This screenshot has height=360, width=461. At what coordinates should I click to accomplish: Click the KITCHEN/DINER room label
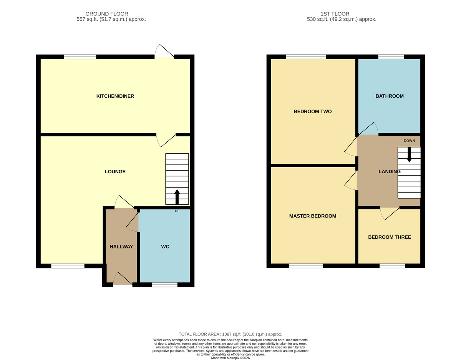pyautogui.click(x=115, y=96)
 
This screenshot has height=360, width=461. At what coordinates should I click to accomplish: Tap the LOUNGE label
pyautogui.click(x=115, y=172)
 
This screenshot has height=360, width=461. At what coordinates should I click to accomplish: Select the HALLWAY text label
pyautogui.click(x=121, y=247)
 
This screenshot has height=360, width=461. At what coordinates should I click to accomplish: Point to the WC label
pyautogui.click(x=165, y=247)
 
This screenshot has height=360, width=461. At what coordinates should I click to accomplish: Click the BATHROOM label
pyautogui.click(x=390, y=96)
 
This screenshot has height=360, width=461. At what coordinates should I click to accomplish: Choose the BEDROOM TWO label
pyautogui.click(x=313, y=111)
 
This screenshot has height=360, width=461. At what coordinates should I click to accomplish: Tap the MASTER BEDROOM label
pyautogui.click(x=313, y=216)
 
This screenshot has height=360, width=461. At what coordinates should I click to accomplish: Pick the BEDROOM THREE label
pyautogui.click(x=390, y=237)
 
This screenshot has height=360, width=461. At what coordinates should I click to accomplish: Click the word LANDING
pyautogui.click(x=390, y=172)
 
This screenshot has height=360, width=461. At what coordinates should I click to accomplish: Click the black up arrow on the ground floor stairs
pyautogui.click(x=177, y=197)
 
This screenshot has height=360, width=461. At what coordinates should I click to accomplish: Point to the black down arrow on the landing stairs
pyautogui.click(x=409, y=155)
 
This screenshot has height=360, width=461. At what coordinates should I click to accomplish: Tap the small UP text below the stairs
pyautogui.click(x=177, y=211)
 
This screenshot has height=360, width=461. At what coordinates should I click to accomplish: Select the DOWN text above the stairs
pyautogui.click(x=409, y=141)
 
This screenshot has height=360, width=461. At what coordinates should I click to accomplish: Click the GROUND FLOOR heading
pyautogui.click(x=107, y=14)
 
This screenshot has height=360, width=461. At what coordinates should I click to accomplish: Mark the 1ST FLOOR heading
pyautogui.click(x=335, y=14)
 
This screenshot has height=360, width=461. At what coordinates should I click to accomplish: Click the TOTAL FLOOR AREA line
pyautogui.click(x=230, y=334)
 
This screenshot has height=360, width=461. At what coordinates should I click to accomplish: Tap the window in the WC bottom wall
pyautogui.click(x=165, y=285)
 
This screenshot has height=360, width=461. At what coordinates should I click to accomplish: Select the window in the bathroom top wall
pyautogui.click(x=391, y=56)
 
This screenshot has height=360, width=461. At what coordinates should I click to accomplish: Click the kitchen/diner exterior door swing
pyautogui.click(x=164, y=50)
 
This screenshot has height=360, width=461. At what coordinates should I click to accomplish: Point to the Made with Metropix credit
pyautogui.click(x=230, y=358)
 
